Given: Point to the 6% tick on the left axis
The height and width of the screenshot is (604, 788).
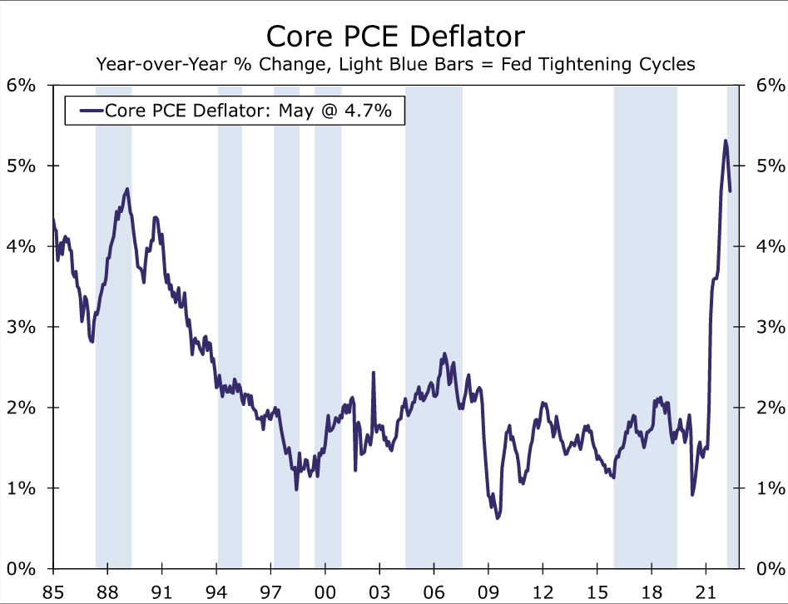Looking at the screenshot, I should point(22,86).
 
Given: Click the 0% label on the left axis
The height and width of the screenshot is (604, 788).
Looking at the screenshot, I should point(22,569).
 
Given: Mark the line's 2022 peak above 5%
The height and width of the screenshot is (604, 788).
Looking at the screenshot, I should point(726,141).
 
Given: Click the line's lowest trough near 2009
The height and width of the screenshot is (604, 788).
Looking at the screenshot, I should point(498,517).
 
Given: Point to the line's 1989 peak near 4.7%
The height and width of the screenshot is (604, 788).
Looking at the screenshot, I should point(126,189).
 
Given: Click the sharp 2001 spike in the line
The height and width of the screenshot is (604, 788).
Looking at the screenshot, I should point(373,373).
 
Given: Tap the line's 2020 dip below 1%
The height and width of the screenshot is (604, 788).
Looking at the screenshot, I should point(692,495).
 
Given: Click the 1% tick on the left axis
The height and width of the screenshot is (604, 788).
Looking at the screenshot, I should point(22,488).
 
